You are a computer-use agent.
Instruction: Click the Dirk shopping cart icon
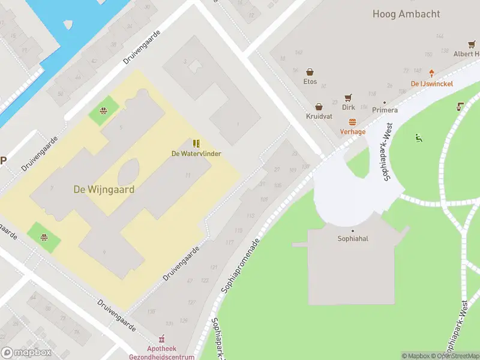click(x=348, y=98)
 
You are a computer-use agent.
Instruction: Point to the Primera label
click(x=385, y=110)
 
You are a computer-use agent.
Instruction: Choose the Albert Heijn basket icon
click(x=472, y=44)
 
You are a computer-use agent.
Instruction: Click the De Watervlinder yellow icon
click(x=196, y=143)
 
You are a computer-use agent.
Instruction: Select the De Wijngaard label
click(x=104, y=189)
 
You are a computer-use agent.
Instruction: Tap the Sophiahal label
click(x=353, y=238)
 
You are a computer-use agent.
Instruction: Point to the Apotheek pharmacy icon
click(x=161, y=339)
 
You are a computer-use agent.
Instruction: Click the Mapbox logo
click(x=26, y=353)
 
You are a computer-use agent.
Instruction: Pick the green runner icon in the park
click(x=418, y=139)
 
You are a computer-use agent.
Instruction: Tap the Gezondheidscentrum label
click(x=162, y=356)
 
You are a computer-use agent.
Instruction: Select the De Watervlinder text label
click(x=196, y=154)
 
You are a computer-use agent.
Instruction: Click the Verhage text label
click(x=353, y=131)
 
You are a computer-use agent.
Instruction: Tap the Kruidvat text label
click(x=319, y=117)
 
